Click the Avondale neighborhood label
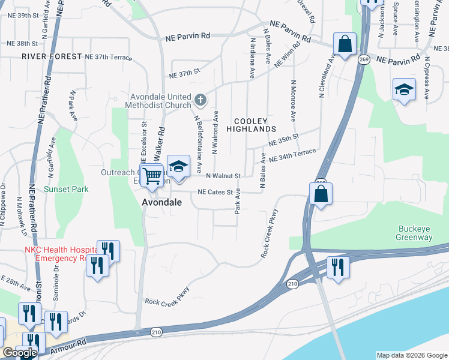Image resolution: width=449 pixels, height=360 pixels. [161, 203]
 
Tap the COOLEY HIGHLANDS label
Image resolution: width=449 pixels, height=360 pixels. [251, 124]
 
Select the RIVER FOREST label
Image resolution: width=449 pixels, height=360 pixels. [51, 56]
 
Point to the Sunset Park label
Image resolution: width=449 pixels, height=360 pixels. [66, 189]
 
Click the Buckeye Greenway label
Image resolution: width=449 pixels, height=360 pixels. [415, 233]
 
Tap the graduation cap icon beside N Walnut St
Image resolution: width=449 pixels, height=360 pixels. [178, 166]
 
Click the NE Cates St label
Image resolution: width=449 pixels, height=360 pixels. [215, 192]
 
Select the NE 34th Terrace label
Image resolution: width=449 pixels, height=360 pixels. [292, 156]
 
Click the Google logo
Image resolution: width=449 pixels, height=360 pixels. [20, 353]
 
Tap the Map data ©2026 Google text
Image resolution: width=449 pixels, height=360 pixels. [411, 355]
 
